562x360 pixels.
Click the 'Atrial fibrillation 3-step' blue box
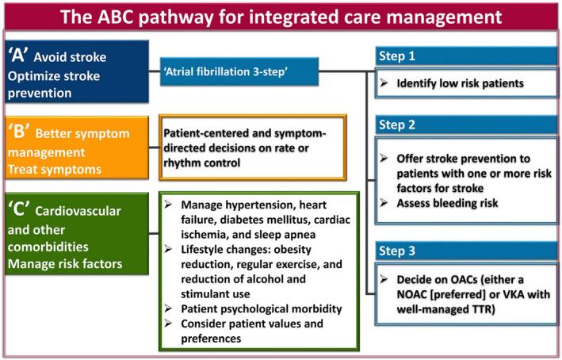(239, 71)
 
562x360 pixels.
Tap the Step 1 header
(466, 56)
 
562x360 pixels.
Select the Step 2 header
(466, 124)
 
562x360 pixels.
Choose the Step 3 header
(466, 251)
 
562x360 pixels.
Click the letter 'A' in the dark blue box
(18, 56)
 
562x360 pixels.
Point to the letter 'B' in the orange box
(19, 132)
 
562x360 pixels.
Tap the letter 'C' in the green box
(19, 209)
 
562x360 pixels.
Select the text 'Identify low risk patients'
(461, 83)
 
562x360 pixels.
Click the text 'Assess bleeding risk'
(447, 203)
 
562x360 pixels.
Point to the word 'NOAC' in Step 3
(412, 294)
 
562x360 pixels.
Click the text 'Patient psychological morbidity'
(262, 308)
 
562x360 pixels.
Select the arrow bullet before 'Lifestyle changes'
(168, 249)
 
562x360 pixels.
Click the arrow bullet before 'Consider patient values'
(168, 323)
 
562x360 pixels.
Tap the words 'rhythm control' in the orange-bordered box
(202, 163)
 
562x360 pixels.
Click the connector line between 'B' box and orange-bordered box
(154, 147)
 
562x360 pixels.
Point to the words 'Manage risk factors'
(65, 264)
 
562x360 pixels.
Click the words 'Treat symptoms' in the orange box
(55, 169)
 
